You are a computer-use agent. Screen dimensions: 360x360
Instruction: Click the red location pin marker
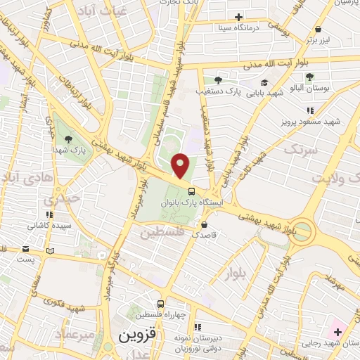click(181, 166)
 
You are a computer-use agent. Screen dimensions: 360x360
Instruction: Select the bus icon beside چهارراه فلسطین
click(161, 304)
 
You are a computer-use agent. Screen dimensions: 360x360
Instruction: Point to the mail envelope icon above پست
click(26, 249)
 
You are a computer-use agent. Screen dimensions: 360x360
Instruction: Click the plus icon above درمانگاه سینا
click(238, 17)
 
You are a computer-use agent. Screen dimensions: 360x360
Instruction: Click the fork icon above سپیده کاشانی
click(49, 214)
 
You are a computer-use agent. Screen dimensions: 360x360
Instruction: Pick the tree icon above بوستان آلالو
click(310, 76)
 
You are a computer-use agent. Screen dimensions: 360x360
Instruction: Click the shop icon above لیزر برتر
click(319, 29)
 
